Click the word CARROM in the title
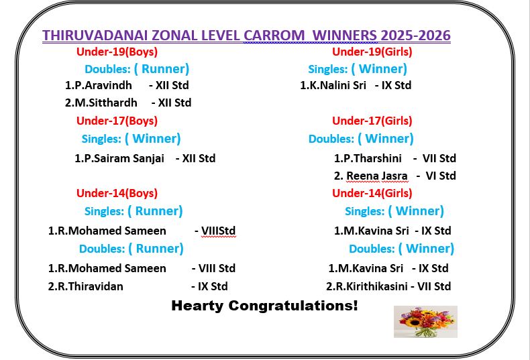(274, 36)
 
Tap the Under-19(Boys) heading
(117, 52)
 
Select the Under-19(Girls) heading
(372, 52)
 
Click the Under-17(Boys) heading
(117, 121)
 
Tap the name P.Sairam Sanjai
(123, 158)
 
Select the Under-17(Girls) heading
(372, 121)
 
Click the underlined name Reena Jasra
(377, 176)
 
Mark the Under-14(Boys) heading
(117, 194)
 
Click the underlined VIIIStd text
(218, 231)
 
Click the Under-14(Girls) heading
(372, 194)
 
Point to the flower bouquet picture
(425, 322)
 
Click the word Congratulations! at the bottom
(293, 306)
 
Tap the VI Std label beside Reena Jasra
(441, 176)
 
